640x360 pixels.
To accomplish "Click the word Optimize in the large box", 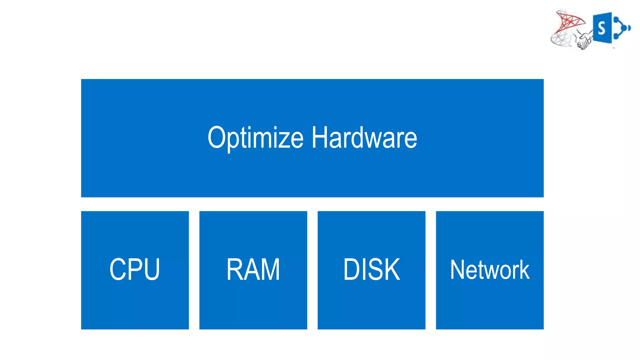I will [x=256, y=138].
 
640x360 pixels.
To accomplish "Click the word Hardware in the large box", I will [x=364, y=138].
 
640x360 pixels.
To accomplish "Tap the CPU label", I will [x=135, y=269].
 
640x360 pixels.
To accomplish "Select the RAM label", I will [x=253, y=269].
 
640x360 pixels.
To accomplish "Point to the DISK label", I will [x=371, y=269].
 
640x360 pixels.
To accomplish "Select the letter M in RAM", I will [x=269, y=269].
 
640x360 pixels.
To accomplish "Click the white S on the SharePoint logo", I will [x=601, y=28].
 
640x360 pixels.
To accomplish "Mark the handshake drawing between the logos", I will [x=583, y=41].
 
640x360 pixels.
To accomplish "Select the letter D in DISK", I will [x=352, y=269].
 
